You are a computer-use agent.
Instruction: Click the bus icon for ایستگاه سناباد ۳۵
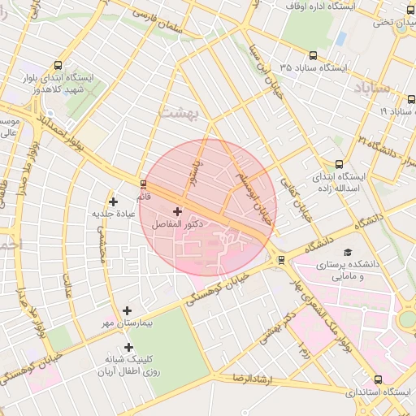[314, 54]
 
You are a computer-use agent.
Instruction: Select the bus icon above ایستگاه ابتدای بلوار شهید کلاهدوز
[58, 65]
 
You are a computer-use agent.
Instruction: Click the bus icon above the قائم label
[144, 184]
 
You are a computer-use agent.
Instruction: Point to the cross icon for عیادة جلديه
[113, 201]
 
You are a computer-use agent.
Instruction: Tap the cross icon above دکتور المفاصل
[177, 211]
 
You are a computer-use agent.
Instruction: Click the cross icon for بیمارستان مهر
[127, 310]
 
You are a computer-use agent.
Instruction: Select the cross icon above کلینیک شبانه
[128, 347]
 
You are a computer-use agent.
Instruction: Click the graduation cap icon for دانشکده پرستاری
[349, 253]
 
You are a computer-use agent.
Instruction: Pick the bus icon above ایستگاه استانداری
[378, 379]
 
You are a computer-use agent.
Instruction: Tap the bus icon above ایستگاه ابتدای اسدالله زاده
[339, 163]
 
